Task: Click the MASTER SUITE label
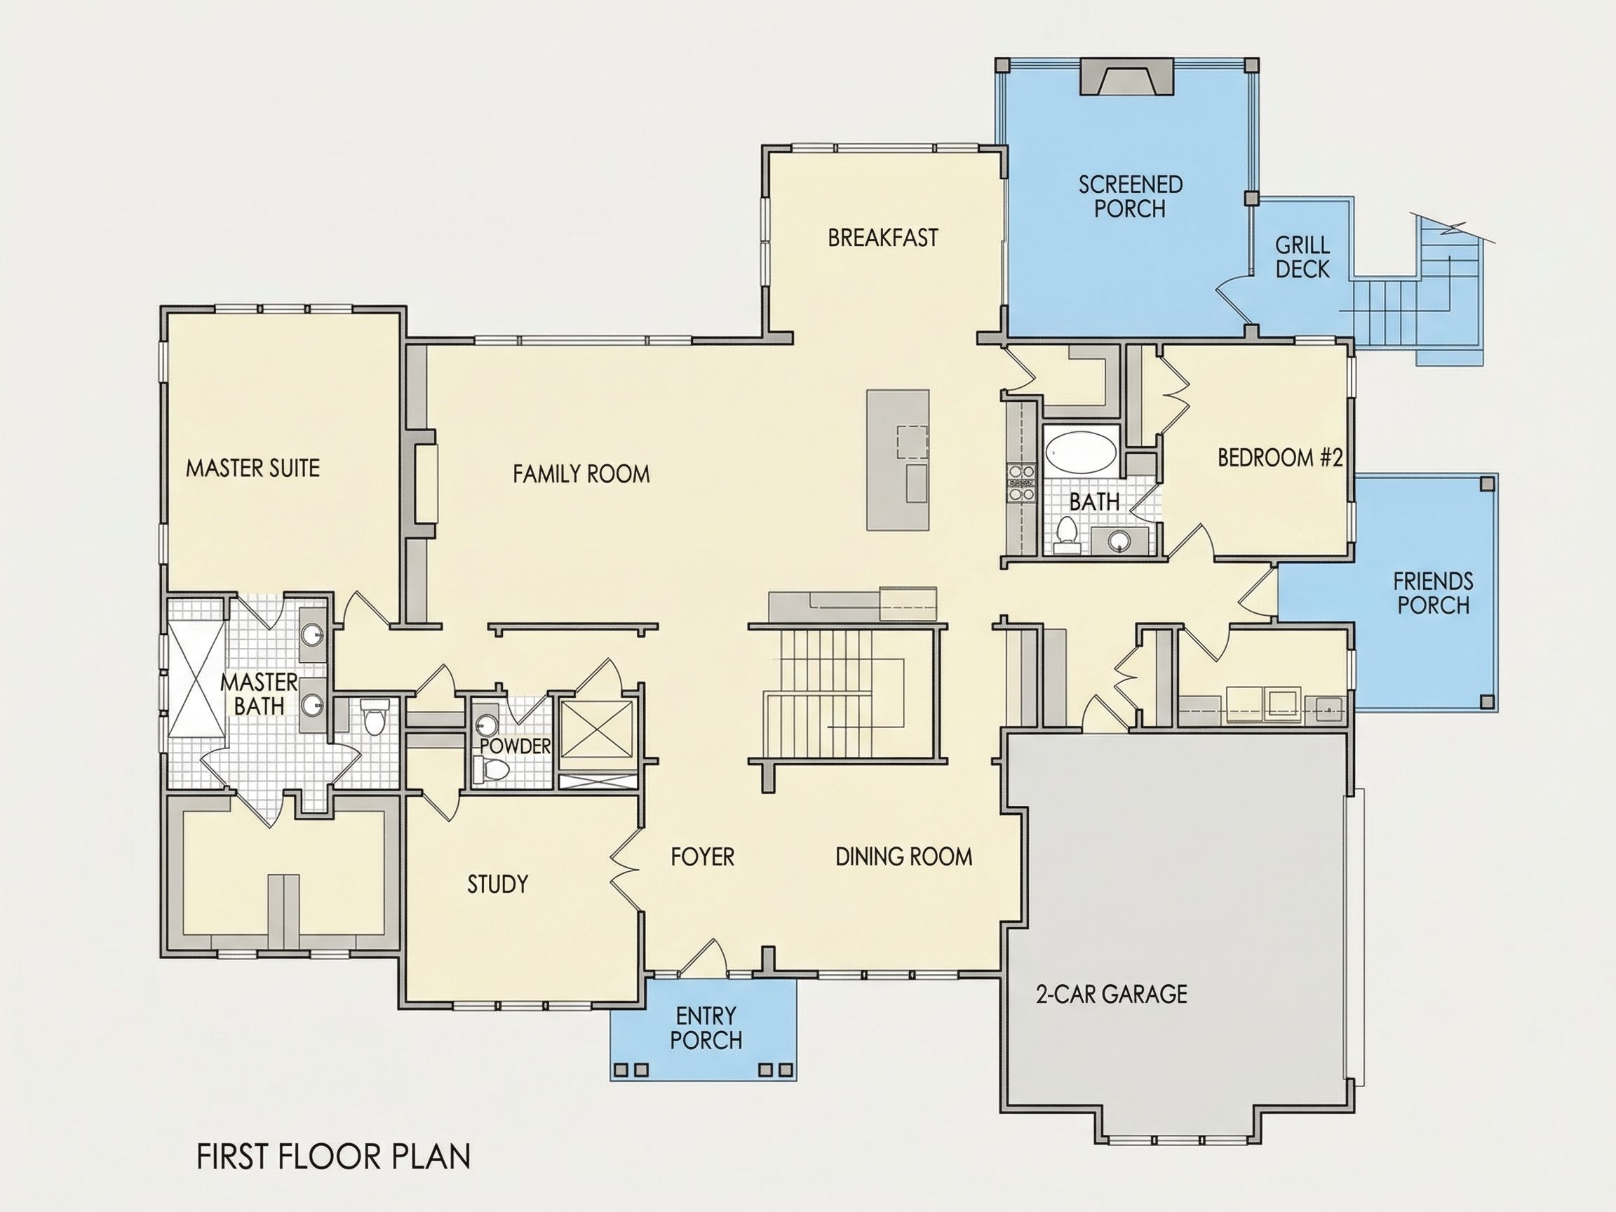(252, 468)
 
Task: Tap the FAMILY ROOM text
(581, 474)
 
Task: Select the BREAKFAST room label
(882, 238)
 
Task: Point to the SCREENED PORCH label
(1130, 196)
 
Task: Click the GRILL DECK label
(1302, 257)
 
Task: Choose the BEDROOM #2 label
(1280, 457)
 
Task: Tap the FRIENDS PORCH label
(1433, 593)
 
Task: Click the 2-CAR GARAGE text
(1111, 994)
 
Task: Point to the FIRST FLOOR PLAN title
(334, 1157)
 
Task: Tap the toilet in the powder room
(492, 769)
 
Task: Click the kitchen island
(898, 460)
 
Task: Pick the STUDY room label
(497, 884)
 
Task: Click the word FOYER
(703, 856)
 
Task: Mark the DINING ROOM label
(903, 856)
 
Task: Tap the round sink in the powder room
(486, 725)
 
